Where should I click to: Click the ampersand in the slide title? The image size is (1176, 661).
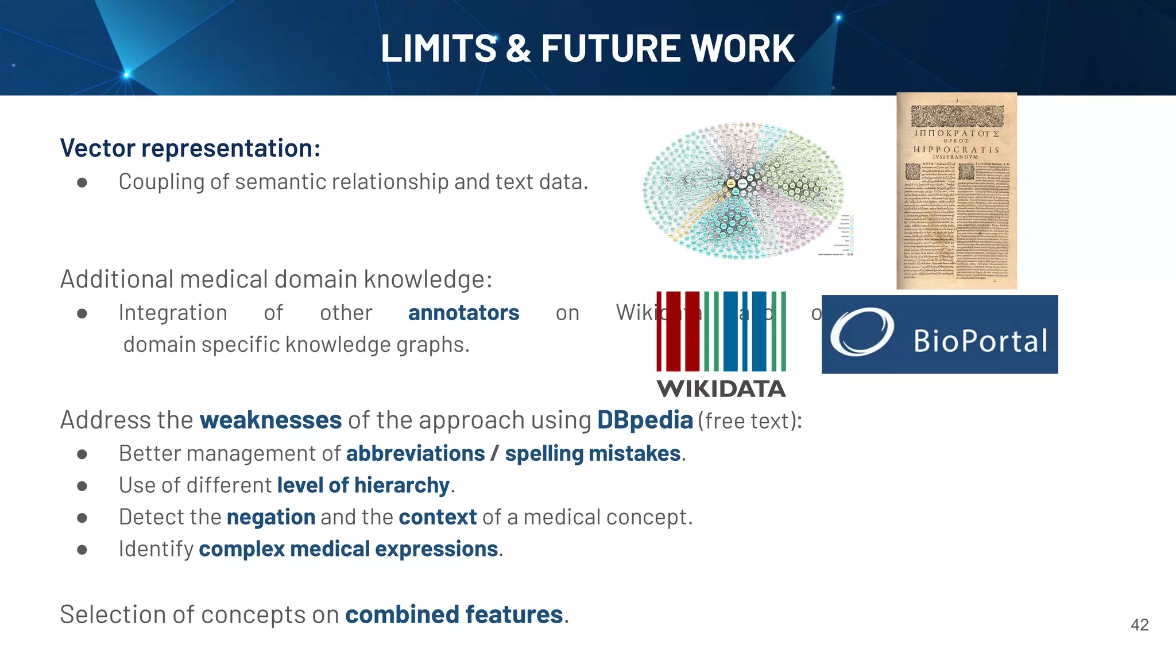point(519,48)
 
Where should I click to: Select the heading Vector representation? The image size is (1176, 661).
point(190,148)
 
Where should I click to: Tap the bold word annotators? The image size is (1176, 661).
point(463,313)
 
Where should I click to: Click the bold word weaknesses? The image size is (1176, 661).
point(270,420)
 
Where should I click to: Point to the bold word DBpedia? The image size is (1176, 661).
point(645,420)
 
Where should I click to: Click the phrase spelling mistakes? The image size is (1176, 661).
point(593,453)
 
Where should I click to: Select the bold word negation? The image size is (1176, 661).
point(271,517)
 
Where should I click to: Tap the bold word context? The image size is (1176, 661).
point(438,517)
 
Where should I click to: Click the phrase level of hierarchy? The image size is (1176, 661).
point(363,485)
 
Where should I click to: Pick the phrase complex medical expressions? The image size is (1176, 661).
point(348,549)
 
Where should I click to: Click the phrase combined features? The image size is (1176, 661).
point(454,615)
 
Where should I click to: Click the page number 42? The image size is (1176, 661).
point(1139,625)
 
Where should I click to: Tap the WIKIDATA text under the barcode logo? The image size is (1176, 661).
point(721,389)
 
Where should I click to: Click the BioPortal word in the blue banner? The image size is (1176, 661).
point(980,341)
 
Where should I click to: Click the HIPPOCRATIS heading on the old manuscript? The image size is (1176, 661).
point(956,149)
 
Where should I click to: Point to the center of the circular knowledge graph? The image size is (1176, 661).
point(742,185)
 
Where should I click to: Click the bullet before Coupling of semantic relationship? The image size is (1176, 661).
point(82,182)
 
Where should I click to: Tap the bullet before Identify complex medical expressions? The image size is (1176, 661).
point(82,550)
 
